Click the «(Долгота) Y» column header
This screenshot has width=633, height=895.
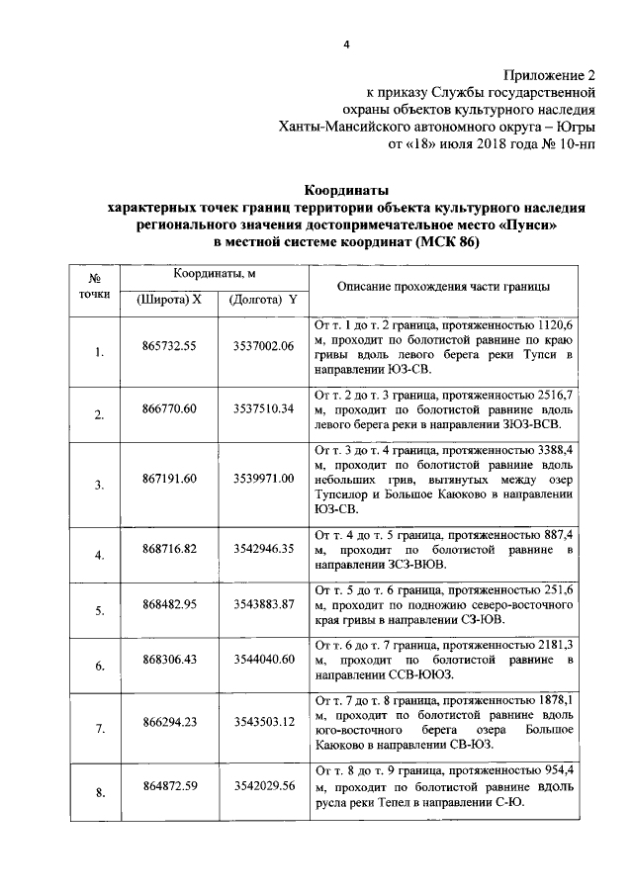[x=261, y=299]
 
